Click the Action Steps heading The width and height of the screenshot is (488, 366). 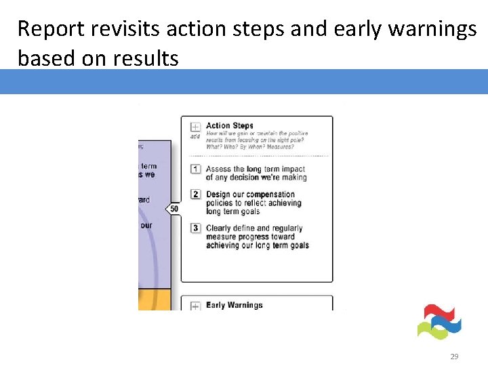[229, 125]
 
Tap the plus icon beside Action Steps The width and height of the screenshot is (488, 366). [195, 127]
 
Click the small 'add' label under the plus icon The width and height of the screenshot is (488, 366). [195, 136]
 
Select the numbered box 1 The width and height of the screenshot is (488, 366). [195, 169]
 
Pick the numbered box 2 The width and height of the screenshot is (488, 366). [195, 195]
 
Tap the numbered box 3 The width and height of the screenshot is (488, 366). [195, 228]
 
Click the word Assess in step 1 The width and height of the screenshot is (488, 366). [219, 169]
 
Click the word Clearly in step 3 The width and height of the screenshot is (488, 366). [219, 228]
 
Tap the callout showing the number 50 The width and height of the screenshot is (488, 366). [174, 209]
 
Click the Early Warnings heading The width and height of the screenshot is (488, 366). [234, 305]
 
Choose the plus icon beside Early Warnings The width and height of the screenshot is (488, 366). [195, 306]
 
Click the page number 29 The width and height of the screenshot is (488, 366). [454, 356]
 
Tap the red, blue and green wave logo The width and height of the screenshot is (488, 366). [439, 322]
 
